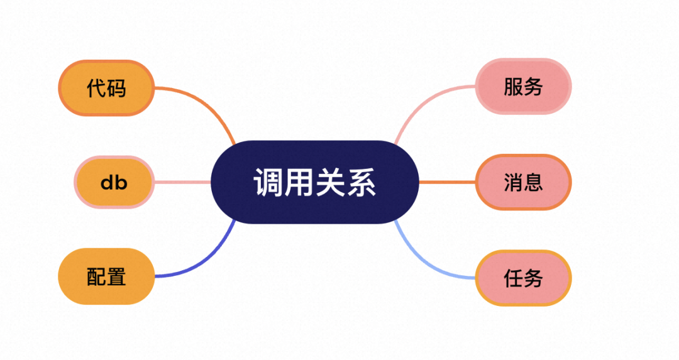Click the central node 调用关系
click(314, 182)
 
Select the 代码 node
click(106, 88)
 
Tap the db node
click(114, 182)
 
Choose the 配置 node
click(106, 276)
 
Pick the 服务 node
click(523, 87)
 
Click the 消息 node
click(523, 182)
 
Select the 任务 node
click(523, 278)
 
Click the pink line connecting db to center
click(182, 182)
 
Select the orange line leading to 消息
click(447, 182)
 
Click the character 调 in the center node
click(268, 182)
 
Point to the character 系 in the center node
click(362, 182)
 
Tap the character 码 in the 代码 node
click(116, 88)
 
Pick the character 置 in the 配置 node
click(116, 276)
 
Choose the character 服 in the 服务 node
click(513, 87)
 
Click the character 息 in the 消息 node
click(533, 182)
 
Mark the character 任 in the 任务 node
click(513, 278)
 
